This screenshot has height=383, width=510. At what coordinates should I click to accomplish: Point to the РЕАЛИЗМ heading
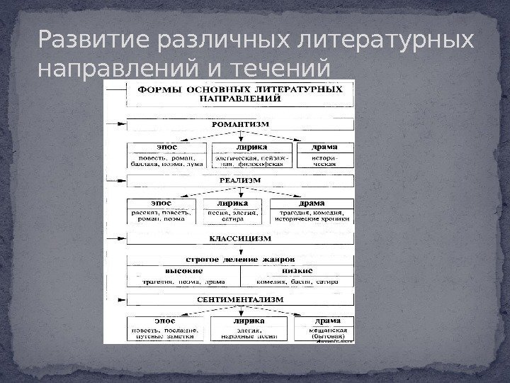click(x=241, y=180)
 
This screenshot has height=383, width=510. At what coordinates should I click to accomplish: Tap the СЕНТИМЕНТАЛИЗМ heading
click(x=241, y=299)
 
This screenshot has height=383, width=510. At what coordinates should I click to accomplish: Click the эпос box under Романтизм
click(x=167, y=148)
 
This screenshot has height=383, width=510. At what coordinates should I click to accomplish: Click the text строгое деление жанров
click(x=241, y=260)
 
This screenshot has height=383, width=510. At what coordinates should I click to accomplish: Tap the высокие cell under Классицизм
click(x=184, y=270)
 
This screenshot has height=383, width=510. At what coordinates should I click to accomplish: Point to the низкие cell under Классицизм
click(x=297, y=270)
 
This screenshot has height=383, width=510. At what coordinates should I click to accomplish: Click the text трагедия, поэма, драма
click(x=183, y=282)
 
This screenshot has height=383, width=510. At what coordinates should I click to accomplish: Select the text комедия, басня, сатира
click(x=297, y=282)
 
